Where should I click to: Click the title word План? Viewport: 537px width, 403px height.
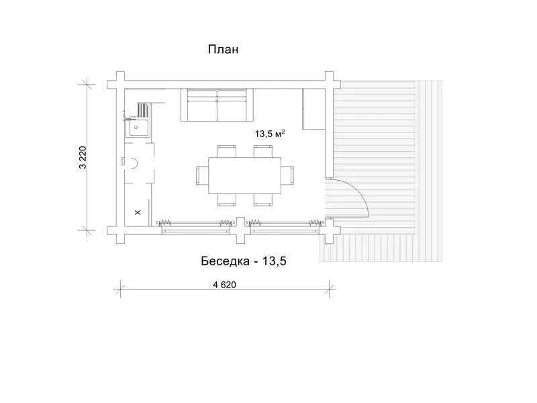tap(223, 49)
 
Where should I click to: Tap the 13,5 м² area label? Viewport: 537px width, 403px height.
tap(270, 134)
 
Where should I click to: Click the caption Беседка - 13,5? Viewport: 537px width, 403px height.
tap(244, 261)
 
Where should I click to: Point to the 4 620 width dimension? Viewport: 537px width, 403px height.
tap(225, 285)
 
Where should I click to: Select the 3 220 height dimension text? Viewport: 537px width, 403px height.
tap(83, 158)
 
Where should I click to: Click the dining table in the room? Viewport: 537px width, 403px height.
tap(245, 175)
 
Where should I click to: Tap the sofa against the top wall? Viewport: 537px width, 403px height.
tap(217, 105)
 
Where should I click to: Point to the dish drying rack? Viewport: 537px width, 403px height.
tap(144, 110)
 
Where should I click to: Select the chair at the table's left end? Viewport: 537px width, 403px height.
tap(203, 175)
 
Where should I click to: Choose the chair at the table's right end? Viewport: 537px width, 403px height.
tap(288, 175)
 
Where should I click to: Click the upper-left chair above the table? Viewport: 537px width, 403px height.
tap(227, 151)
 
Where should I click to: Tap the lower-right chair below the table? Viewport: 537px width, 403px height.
tap(263, 199)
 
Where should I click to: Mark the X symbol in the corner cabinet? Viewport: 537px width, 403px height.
tap(138, 212)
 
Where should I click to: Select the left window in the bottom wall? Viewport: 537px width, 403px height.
tap(196, 226)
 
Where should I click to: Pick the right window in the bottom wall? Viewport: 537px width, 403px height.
tap(285, 226)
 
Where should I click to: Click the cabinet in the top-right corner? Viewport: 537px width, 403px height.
tap(313, 109)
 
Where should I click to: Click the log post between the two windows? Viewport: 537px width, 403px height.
tap(241, 230)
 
